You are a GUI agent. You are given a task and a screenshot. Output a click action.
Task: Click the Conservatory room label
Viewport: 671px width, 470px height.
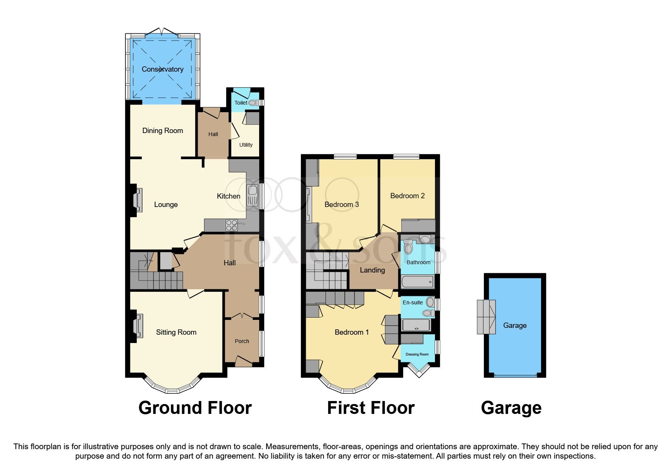coord(163,69)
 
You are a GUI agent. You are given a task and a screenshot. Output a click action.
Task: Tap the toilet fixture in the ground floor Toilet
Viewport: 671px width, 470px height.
coord(253,103)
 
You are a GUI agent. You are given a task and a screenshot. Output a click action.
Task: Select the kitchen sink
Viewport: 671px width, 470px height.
coord(252,196)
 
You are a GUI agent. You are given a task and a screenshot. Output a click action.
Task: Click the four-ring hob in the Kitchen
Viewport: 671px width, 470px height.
coord(231,226)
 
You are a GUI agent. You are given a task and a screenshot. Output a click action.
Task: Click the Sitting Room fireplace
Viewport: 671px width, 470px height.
coord(137,326)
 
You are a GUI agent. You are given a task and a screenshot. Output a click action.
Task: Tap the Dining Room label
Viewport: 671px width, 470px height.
coord(163,131)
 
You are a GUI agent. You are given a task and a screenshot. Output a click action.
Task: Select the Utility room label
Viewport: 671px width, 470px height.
coord(246,145)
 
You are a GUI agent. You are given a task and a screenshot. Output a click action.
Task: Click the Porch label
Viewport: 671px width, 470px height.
coord(242,341)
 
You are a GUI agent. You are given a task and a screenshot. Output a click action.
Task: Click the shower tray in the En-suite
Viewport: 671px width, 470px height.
coord(416,325)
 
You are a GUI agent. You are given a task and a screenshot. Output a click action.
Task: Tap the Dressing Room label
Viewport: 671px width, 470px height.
coord(417,354)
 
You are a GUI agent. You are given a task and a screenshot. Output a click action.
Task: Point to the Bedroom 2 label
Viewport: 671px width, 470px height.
coord(407,196)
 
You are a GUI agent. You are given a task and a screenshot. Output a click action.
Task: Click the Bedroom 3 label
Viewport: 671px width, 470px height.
coord(342,205)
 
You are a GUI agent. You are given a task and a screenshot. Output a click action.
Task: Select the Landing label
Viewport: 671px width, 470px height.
coord(372,270)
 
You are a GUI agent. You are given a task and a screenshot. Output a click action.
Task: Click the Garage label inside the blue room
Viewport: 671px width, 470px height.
coord(515,325)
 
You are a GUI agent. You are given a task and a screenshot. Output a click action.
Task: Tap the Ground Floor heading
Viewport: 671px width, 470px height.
coord(195,408)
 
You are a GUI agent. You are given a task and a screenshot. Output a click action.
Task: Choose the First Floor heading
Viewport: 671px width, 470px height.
coord(371,408)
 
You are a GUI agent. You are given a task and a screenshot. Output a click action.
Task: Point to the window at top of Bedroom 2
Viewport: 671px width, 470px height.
coord(406,157)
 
